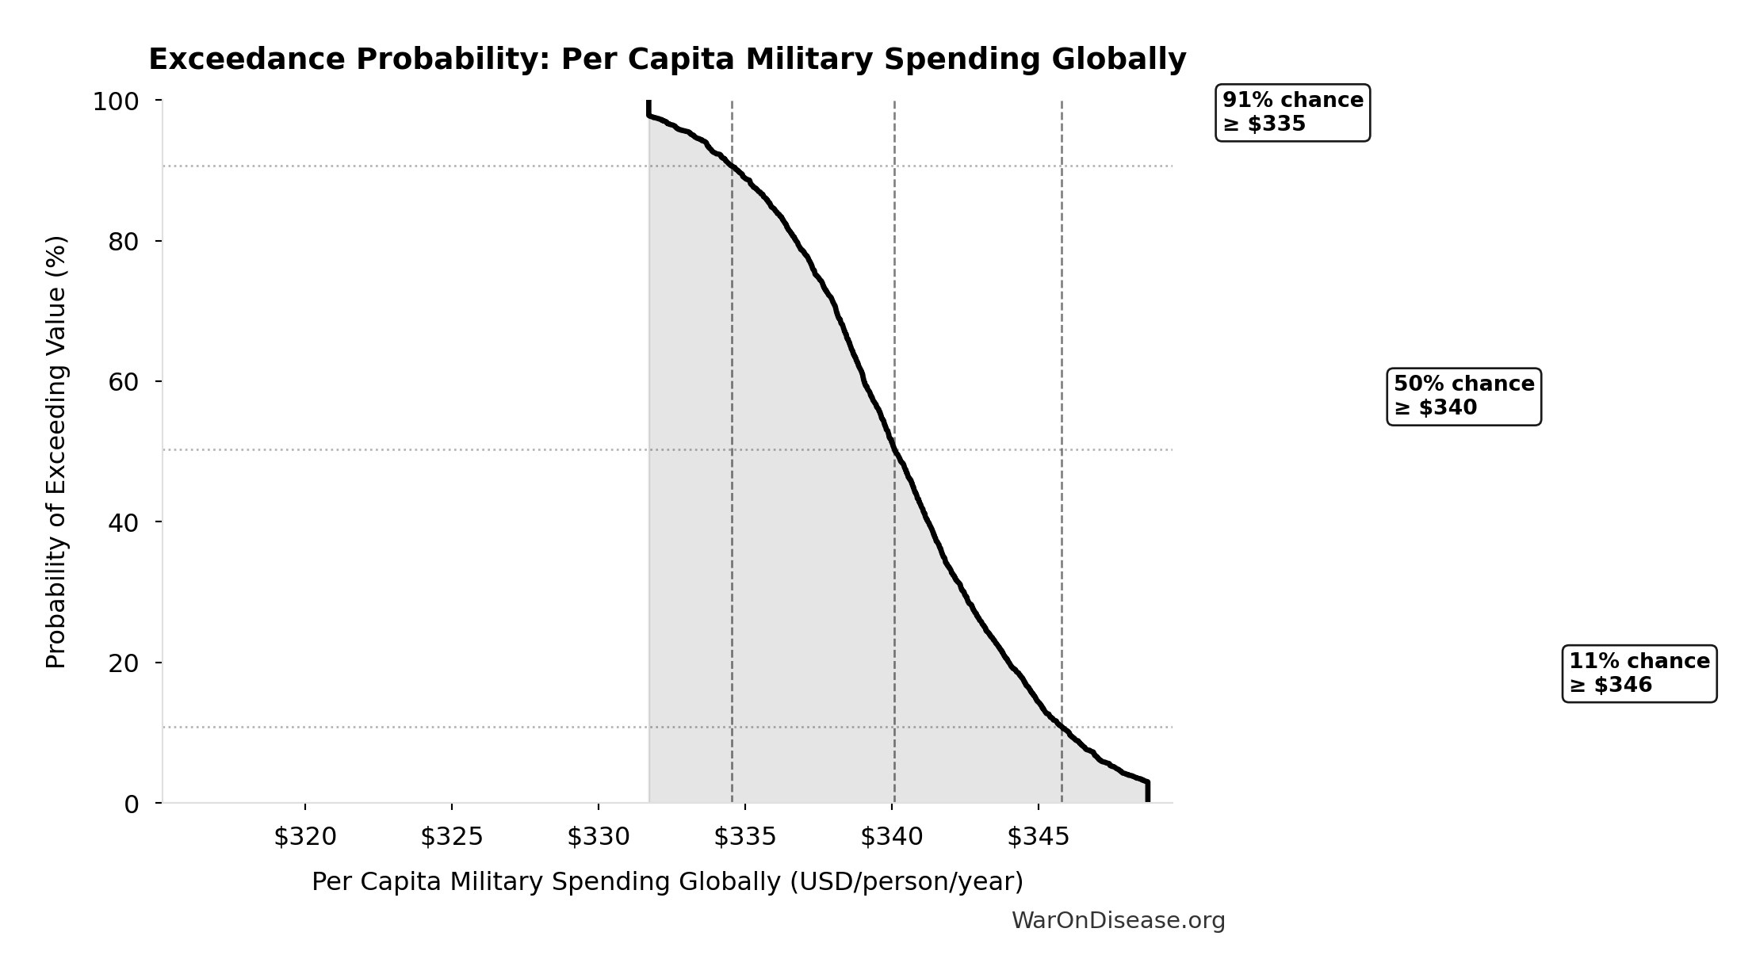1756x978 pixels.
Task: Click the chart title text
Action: [x=667, y=59]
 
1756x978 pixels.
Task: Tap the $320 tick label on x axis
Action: [x=305, y=837]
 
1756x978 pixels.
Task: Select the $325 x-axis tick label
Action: [x=452, y=837]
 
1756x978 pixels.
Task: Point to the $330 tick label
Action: [x=599, y=837]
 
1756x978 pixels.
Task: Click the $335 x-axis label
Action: [x=745, y=837]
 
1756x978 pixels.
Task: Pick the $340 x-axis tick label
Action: [x=892, y=837]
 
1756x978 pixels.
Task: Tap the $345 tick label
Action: [x=1039, y=837]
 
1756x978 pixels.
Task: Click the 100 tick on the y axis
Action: [x=116, y=101]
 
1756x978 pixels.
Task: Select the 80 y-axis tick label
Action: [x=124, y=242]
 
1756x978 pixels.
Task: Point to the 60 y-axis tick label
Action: [x=124, y=382]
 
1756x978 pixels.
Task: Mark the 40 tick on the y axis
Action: [x=124, y=522]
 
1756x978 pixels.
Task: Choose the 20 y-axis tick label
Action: [x=124, y=663]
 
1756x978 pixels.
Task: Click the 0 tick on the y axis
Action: [x=132, y=804]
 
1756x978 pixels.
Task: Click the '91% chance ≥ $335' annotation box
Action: [x=1292, y=113]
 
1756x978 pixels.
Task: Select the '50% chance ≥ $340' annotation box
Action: [x=1463, y=396]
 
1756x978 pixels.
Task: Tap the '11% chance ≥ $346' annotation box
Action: [x=1639, y=674]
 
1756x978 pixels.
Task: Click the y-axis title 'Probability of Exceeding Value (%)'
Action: [x=56, y=452]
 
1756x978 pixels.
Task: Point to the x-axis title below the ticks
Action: [x=667, y=882]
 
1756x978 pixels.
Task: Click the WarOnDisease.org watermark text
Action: [x=1118, y=921]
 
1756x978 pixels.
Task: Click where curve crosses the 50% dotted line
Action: [x=893, y=449]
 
